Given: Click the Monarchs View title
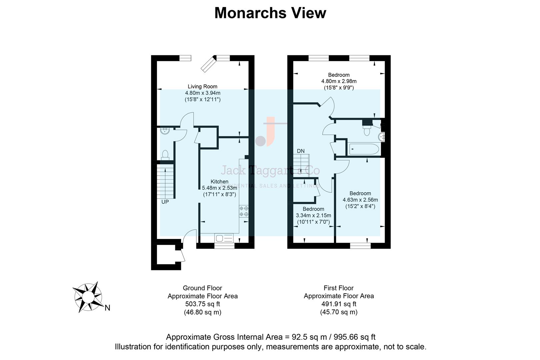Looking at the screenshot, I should pos(270,13).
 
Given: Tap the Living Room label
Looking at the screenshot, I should pos(202,87).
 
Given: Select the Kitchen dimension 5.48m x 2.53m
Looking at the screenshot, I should pos(219,188).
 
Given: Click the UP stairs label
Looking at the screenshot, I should pos(165,202).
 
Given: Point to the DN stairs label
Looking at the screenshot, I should pos(301,151).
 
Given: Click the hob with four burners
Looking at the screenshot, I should pos(244,211).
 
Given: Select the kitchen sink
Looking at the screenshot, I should pos(224,238).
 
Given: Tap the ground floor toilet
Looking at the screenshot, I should pos(165,155).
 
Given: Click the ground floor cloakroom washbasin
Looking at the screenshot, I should pos(165,131).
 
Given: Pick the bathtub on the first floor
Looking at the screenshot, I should pos(364,149).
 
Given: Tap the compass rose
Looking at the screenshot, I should pos(88,296).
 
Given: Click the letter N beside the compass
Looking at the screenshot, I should pos(107,308).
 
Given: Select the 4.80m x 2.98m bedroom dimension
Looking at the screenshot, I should pos(339,81).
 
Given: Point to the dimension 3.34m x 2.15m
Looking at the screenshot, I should pos(313,216).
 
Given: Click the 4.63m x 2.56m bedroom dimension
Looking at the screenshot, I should pos(360,200).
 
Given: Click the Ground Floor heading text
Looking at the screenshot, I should pos(202,288).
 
